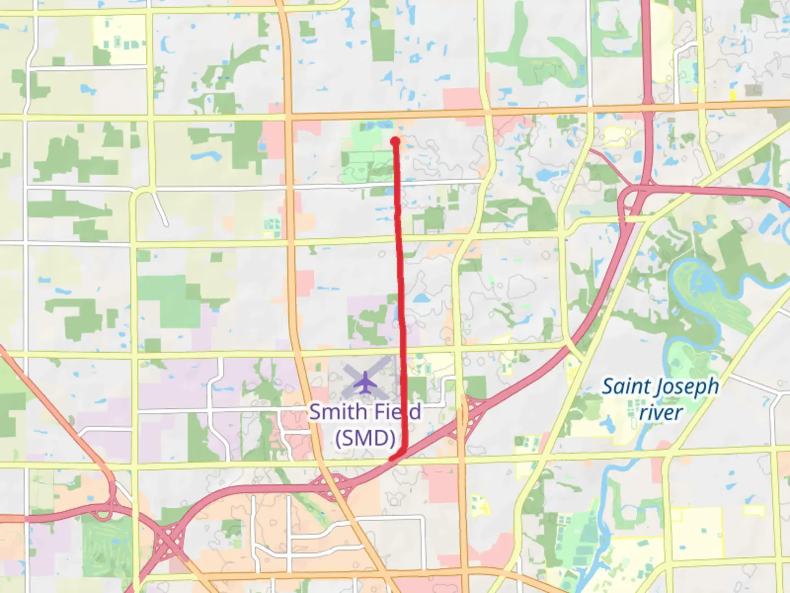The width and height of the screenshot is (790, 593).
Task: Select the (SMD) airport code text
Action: (365, 438)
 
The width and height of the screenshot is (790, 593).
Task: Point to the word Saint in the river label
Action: (626, 386)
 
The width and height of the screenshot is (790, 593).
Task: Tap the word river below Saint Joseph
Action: (661, 412)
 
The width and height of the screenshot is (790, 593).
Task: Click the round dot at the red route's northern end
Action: (395, 142)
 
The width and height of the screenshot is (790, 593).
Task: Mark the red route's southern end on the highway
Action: (391, 458)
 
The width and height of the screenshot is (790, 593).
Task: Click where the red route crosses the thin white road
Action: (397, 182)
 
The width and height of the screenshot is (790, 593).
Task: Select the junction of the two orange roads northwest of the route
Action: (288, 116)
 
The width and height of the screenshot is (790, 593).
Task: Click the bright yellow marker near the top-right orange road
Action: (732, 95)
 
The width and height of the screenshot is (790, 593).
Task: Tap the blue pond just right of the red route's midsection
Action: (420, 299)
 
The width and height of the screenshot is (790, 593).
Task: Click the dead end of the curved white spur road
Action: (165, 224)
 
